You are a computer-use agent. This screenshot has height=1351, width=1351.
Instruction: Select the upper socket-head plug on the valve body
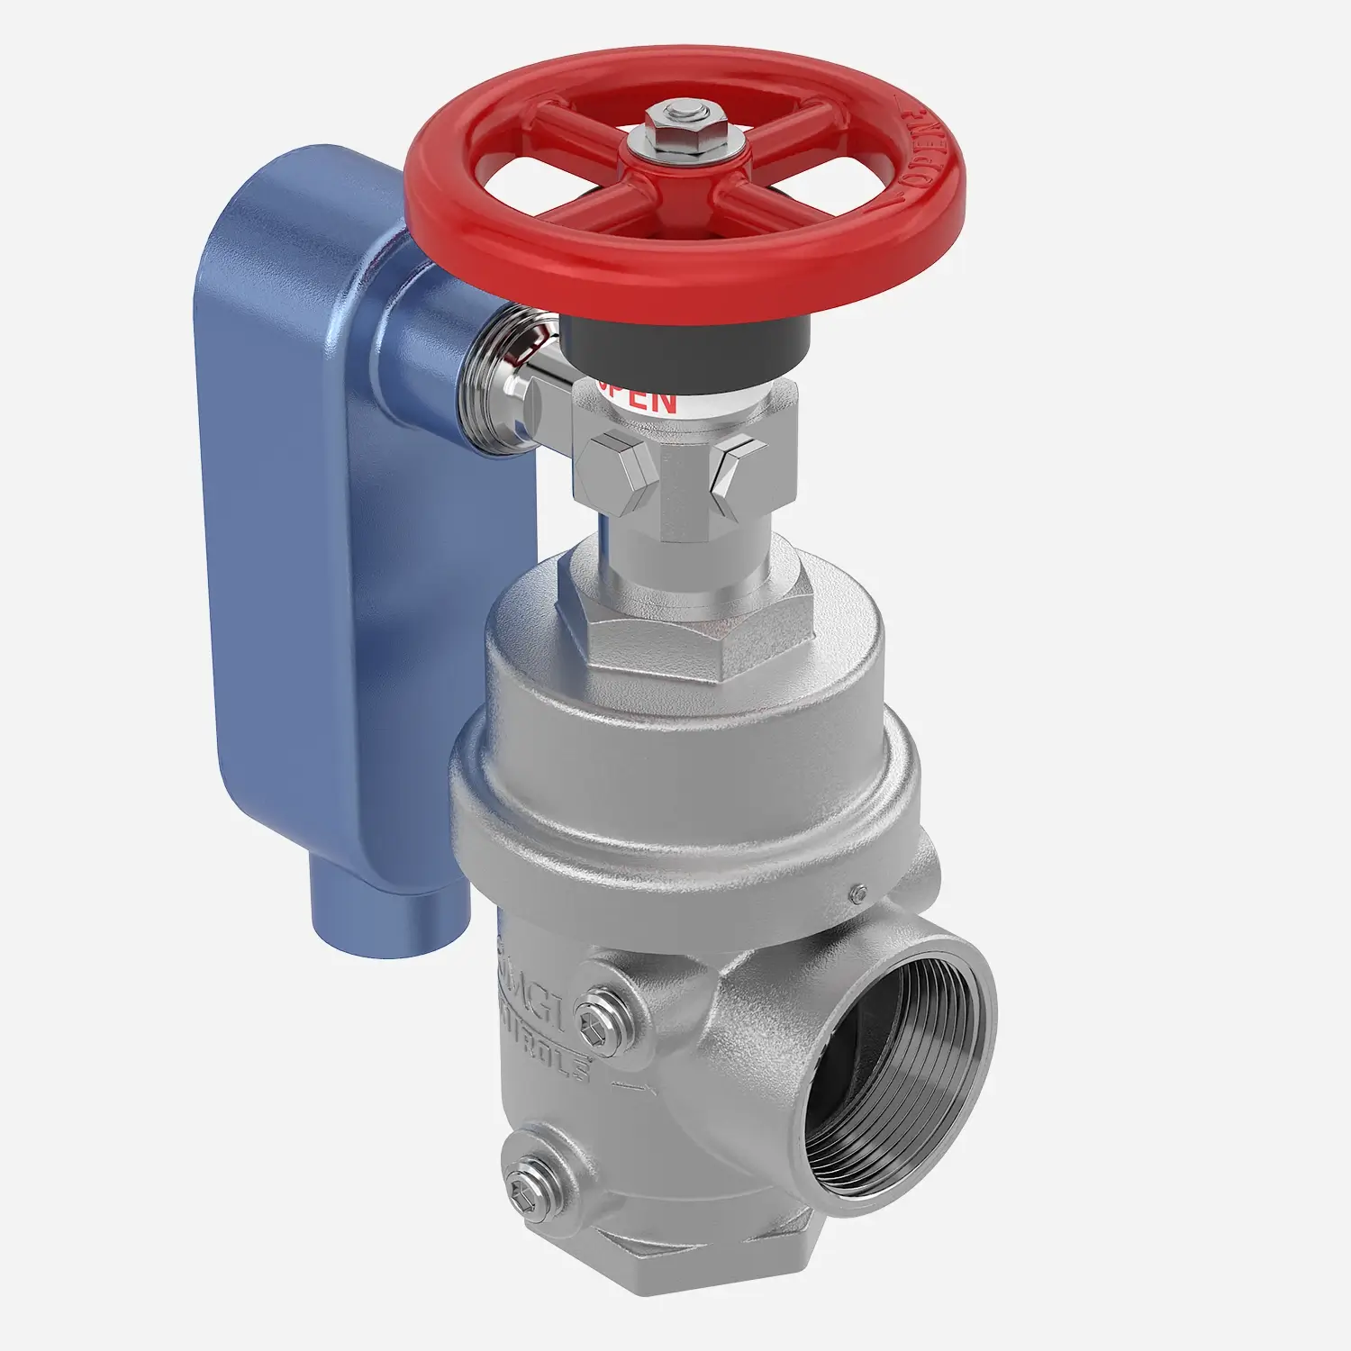(598, 1019)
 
